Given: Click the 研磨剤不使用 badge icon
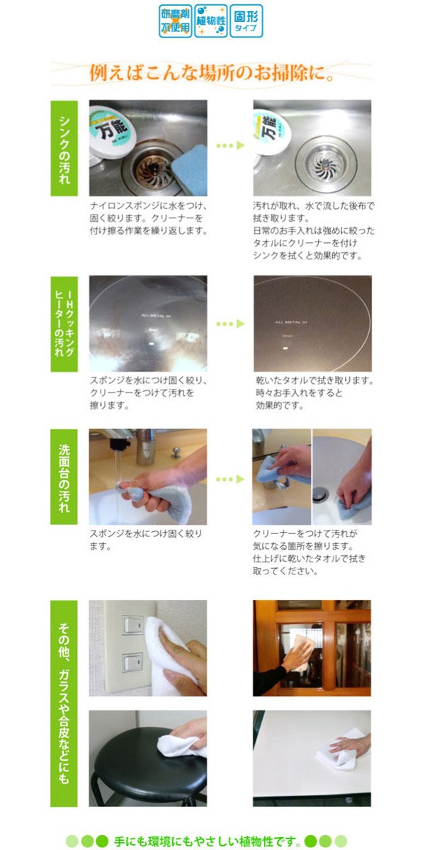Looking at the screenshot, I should (175, 21).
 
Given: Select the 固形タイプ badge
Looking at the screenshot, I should (246, 21).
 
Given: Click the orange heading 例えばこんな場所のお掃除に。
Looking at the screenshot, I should (212, 73).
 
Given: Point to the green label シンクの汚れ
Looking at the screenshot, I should (64, 147).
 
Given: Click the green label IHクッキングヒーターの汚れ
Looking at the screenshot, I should (64, 324).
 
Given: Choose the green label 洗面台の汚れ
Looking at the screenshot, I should (64, 476).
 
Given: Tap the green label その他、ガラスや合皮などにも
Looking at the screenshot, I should (64, 703).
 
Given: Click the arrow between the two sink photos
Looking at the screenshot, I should (229, 145).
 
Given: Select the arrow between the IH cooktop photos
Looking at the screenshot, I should (229, 323).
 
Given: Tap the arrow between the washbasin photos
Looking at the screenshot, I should (229, 480).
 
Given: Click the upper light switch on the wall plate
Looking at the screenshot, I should (132, 624).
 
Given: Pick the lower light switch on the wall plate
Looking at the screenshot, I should (132, 662).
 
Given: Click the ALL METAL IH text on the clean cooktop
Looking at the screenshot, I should (289, 321).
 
